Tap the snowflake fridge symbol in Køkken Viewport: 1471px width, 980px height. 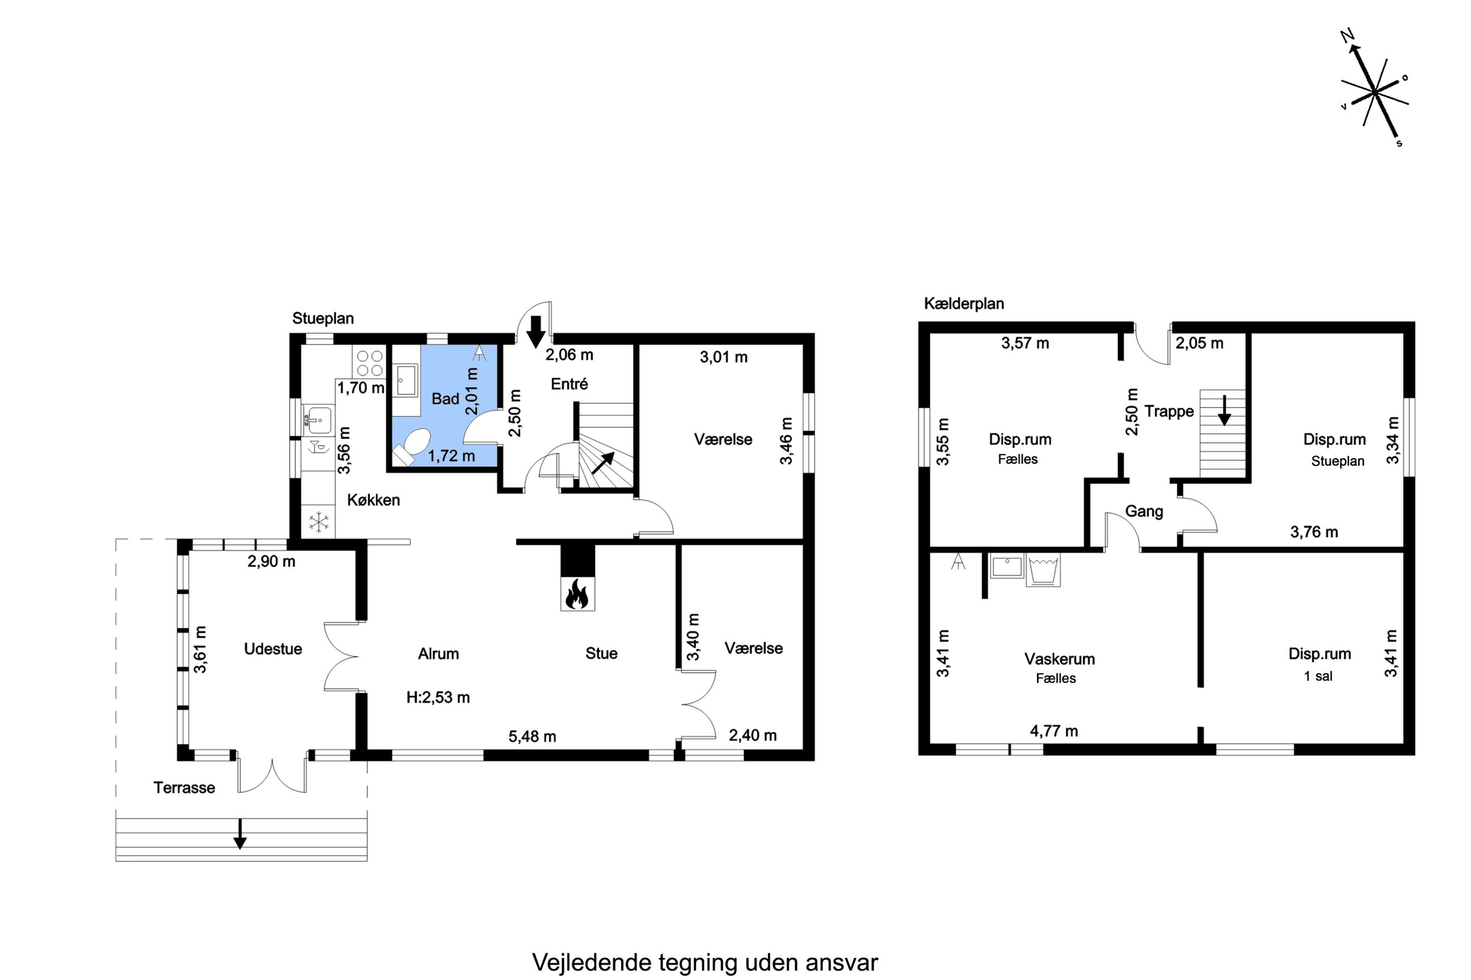[x=318, y=522]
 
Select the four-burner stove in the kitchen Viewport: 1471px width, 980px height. [x=369, y=362]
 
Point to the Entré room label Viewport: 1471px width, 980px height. [x=569, y=384]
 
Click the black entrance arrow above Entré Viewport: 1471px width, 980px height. [x=535, y=332]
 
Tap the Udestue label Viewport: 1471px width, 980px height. [x=273, y=649]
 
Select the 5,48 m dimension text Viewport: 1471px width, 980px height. [x=532, y=736]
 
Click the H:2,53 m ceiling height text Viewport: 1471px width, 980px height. [x=437, y=697]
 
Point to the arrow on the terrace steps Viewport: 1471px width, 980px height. [x=239, y=833]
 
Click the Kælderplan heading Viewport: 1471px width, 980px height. [x=964, y=304]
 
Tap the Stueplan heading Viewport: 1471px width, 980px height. [x=322, y=318]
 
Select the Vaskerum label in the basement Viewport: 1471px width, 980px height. [x=1059, y=659]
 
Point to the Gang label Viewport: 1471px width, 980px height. [x=1144, y=511]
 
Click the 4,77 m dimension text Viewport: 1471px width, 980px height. [x=1054, y=731]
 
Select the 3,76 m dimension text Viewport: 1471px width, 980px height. [x=1314, y=532]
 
